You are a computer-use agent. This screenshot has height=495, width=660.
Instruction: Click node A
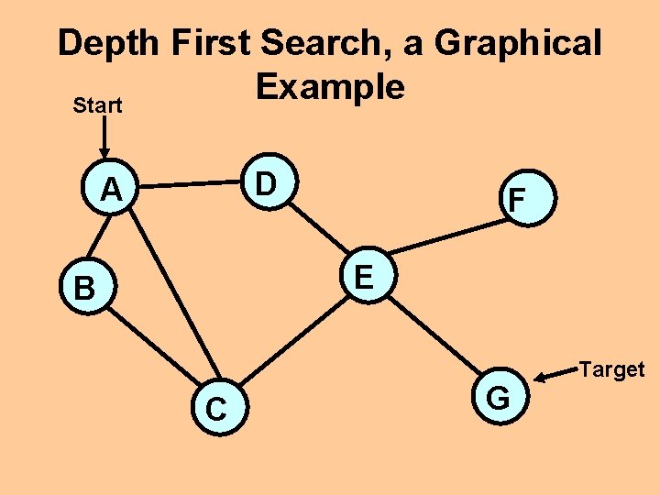pos(112,190)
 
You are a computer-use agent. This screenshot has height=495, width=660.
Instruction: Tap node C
pos(216,408)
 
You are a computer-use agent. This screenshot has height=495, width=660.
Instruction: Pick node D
pos(265,183)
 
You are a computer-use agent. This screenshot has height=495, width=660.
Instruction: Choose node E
pos(364,276)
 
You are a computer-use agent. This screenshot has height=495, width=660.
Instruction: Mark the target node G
pos(498,398)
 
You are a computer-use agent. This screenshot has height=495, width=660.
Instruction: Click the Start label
pos(97,105)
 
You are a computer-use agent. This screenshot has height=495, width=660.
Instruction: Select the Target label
pos(612,369)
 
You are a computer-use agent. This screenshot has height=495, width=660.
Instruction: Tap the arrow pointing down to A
pos(104,138)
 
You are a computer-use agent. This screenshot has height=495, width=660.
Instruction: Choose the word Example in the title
pos(330,86)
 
